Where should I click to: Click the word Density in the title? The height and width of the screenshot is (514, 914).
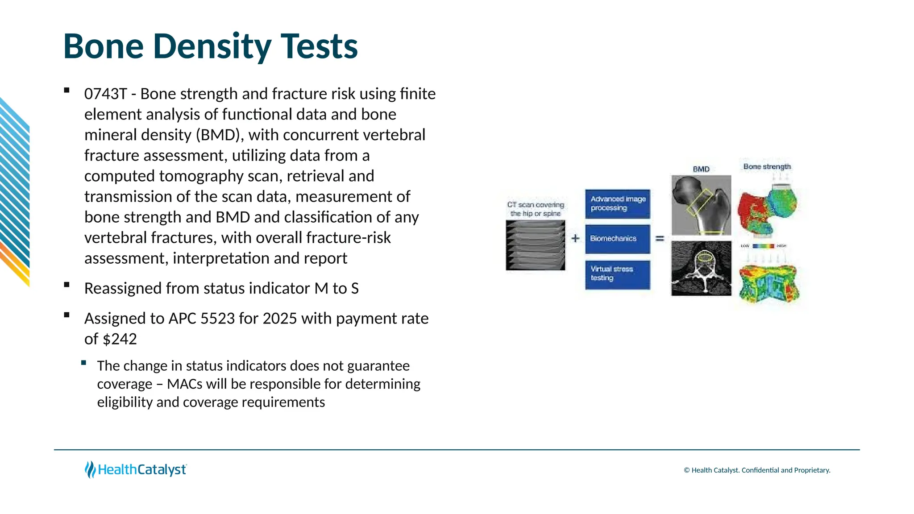tap(212, 46)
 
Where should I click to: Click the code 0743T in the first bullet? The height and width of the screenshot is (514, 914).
tap(105, 94)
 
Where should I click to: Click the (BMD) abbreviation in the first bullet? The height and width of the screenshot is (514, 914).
tap(219, 135)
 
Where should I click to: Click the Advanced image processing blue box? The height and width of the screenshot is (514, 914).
tap(618, 204)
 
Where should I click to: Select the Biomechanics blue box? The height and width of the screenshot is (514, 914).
tap(618, 239)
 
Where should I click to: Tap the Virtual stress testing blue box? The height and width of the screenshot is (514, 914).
tap(618, 274)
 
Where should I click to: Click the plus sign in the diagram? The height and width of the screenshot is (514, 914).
tap(576, 239)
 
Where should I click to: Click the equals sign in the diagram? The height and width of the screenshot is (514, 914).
tap(660, 239)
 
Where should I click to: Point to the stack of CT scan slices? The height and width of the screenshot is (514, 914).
tap(535, 245)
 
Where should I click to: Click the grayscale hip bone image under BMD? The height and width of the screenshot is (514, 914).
tap(701, 205)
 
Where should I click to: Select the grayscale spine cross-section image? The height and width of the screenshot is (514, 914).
tap(701, 269)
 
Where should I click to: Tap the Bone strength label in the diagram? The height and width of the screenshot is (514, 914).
tap(767, 167)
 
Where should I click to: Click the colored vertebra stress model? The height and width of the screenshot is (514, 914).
tap(769, 284)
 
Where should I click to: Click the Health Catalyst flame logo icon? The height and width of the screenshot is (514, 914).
tap(90, 470)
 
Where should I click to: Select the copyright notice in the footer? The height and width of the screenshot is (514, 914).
tap(757, 470)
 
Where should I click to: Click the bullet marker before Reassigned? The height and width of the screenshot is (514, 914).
tap(67, 285)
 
